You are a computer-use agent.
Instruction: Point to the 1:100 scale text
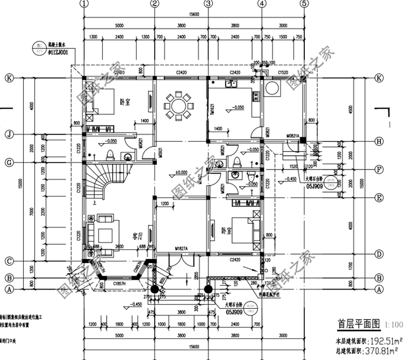pos(393,325)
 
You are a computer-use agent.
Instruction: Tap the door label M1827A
pos(184,249)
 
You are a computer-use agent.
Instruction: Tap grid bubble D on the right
pos(379,253)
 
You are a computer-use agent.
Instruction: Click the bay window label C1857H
pos(120,283)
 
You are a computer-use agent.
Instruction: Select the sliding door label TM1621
pos(212,110)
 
